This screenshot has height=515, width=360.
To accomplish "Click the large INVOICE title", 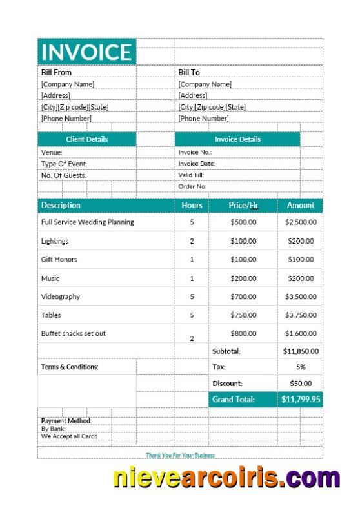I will pyautogui.click(x=86, y=52).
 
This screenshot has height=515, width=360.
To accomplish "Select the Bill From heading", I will pyautogui.click(x=57, y=72).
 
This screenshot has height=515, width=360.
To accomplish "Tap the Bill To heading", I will pyautogui.click(x=189, y=72).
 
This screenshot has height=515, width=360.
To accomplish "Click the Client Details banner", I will pyautogui.click(x=87, y=139).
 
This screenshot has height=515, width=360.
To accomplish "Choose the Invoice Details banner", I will pyautogui.click(x=237, y=139).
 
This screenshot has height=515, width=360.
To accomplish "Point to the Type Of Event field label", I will pyautogui.click(x=64, y=164).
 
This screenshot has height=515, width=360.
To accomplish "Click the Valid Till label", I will pyautogui.click(x=192, y=175).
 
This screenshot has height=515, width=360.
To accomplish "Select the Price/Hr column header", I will pyautogui.click(x=243, y=206).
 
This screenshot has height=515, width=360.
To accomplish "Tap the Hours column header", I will pyautogui.click(x=192, y=206).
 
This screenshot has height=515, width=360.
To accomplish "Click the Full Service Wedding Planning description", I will pyautogui.click(x=87, y=222).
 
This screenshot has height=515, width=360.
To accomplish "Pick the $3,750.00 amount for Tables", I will pyautogui.click(x=301, y=315).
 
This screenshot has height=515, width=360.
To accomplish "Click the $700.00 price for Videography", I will pyautogui.click(x=243, y=296).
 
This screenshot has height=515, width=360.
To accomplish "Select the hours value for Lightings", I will pyautogui.click(x=192, y=241).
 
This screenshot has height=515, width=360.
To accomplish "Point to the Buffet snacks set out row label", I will pyautogui.click(x=73, y=333).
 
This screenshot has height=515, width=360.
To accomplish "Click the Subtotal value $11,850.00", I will pyautogui.click(x=301, y=351).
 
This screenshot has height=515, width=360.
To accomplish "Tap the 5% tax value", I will pyautogui.click(x=301, y=367).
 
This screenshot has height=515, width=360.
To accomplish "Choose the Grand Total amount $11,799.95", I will pyautogui.click(x=301, y=400).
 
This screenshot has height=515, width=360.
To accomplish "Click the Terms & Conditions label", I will pyautogui.click(x=70, y=367).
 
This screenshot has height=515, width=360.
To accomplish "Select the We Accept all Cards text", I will pyautogui.click(x=68, y=436).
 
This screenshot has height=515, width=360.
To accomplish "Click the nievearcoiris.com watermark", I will pyautogui.click(x=226, y=478).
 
